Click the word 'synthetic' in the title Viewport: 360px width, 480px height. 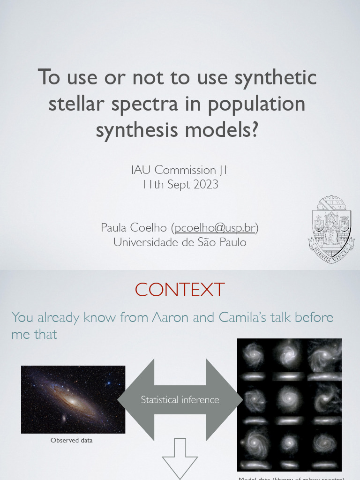276,77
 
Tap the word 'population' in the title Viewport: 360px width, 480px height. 257,104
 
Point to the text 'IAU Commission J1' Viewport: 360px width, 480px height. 180,170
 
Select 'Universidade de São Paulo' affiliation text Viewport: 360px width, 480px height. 180,242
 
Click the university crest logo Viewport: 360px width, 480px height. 331,229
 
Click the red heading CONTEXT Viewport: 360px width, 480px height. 180,290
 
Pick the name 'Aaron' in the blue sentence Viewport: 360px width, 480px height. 170,317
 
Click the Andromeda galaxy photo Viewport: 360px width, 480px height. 73,399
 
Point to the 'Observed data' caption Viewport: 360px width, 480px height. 72,440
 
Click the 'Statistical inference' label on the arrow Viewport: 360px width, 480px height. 180,400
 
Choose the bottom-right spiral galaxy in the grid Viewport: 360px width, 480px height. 323,442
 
